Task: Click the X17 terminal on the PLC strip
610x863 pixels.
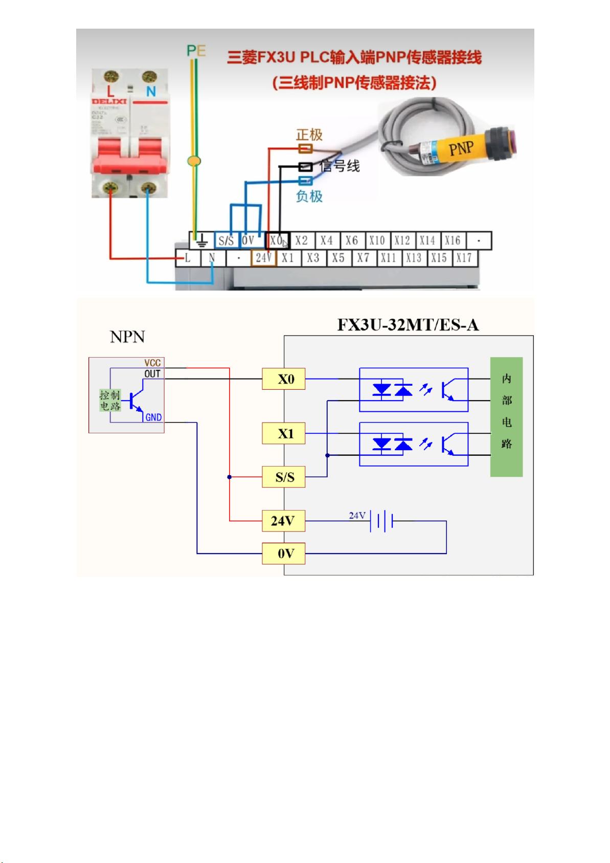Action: click(464, 258)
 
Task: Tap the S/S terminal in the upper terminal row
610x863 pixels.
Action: click(226, 240)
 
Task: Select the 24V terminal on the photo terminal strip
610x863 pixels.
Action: click(264, 258)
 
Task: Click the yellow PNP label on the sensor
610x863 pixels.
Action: click(461, 149)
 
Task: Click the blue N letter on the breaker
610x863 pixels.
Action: click(151, 92)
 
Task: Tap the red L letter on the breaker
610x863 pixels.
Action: click(110, 92)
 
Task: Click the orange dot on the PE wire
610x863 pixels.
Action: click(194, 161)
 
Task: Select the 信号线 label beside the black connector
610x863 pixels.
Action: click(340, 166)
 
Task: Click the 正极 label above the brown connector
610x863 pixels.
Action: click(309, 135)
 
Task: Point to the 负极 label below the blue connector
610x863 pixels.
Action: click(309, 196)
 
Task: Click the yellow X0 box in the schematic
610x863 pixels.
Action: click(284, 379)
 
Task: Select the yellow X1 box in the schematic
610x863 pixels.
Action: click(284, 434)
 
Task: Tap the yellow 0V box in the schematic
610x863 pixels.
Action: click(284, 554)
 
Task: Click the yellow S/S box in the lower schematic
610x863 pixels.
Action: click(284, 477)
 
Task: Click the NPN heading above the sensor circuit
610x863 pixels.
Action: click(127, 337)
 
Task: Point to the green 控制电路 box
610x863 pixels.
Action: click(110, 401)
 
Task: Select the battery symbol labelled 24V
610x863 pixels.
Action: click(381, 521)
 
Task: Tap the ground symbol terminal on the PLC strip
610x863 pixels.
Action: click(202, 240)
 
